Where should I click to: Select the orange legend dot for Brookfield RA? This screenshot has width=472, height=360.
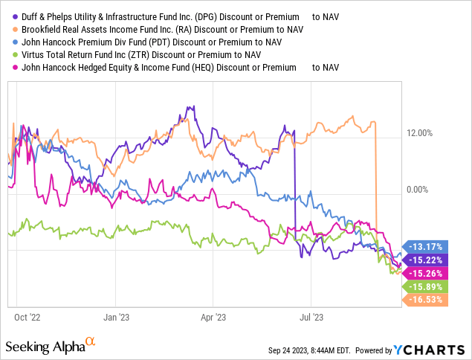(9, 30)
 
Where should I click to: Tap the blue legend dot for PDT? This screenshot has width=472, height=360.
(9, 42)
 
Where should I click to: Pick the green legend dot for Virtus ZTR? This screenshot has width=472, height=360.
(9, 54)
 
